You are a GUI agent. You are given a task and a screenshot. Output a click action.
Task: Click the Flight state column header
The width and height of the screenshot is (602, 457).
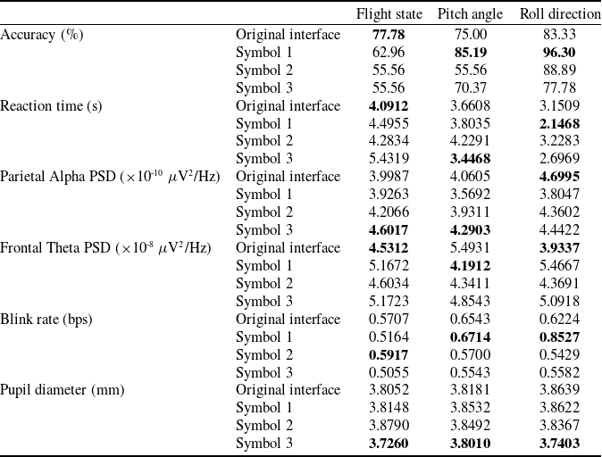tap(389, 14)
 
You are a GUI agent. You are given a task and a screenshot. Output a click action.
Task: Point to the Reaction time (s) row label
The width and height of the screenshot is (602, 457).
tap(51, 105)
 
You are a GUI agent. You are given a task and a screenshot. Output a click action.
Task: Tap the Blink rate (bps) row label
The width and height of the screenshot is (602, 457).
tap(46, 319)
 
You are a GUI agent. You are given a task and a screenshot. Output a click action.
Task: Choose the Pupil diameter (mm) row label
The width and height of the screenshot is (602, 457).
tap(63, 390)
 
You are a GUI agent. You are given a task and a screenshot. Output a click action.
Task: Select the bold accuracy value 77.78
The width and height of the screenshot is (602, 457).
tap(389, 34)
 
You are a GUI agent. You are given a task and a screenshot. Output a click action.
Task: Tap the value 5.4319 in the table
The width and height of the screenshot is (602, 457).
tap(389, 159)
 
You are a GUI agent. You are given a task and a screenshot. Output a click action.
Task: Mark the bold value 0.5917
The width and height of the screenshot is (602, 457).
tap(389, 354)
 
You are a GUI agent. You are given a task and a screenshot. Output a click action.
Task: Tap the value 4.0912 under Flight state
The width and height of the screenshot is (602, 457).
tap(389, 105)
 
